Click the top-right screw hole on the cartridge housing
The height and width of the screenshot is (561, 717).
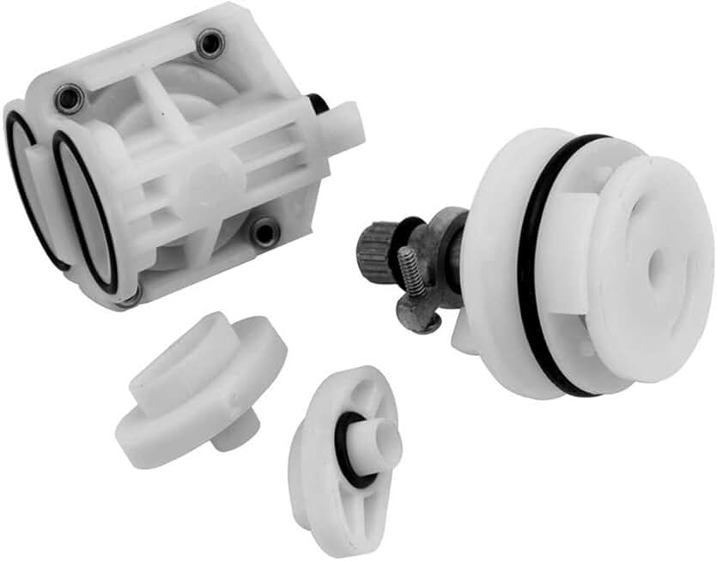point(210,44)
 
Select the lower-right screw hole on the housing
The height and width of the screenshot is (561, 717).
point(264,230)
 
